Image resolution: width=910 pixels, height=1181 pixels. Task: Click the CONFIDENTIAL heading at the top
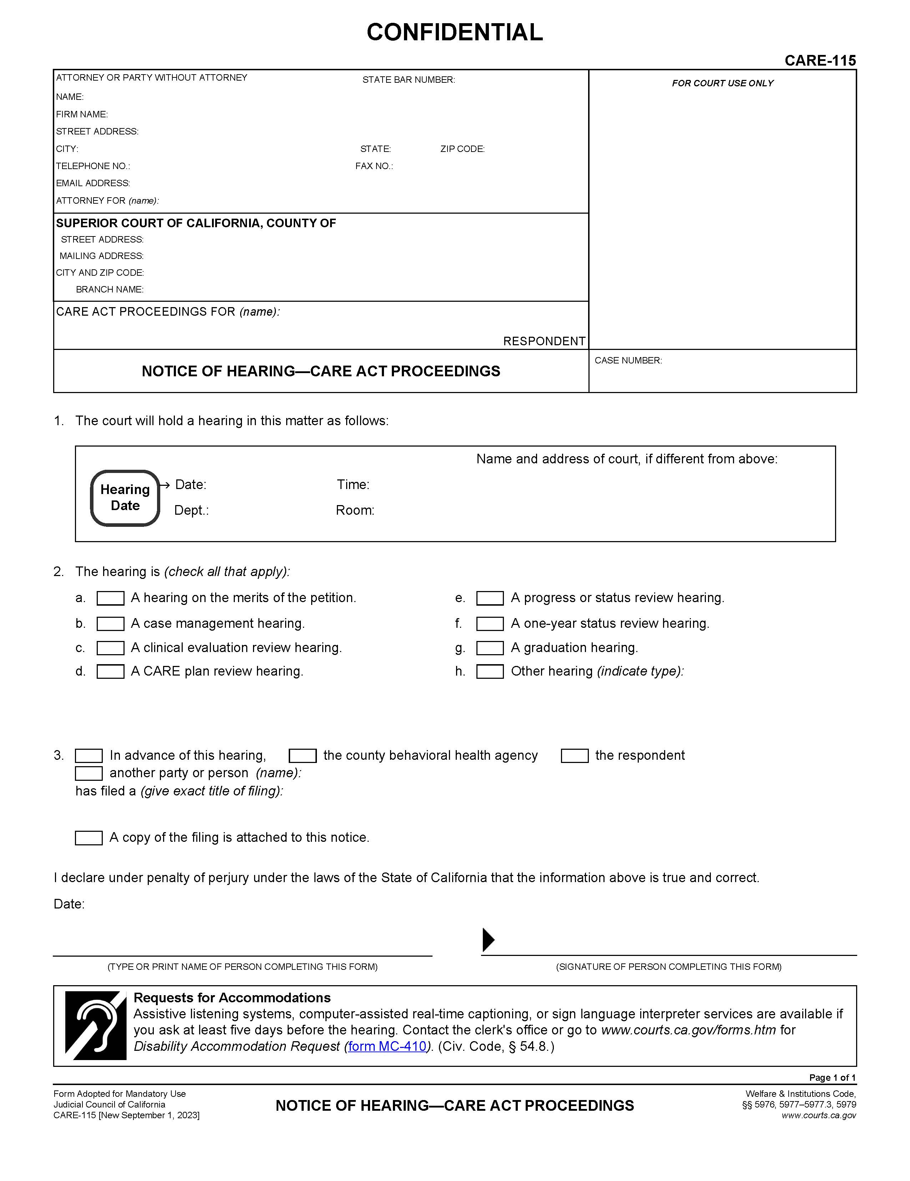click(x=454, y=32)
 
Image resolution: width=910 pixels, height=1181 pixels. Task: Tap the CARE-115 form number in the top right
click(x=820, y=61)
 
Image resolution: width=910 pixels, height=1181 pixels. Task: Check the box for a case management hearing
click(x=110, y=623)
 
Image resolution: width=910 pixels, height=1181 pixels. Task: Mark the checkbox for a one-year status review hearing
click(x=490, y=623)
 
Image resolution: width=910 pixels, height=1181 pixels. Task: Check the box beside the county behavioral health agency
click(x=302, y=755)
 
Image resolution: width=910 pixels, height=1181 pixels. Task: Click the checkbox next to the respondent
click(x=575, y=755)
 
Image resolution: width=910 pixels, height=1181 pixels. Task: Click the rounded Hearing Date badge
click(x=125, y=498)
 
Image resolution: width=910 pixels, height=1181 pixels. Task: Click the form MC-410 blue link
click(x=387, y=1047)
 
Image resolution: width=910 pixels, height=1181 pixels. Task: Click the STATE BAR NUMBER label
click(x=409, y=80)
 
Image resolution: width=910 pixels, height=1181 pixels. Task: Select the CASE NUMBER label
click(x=628, y=361)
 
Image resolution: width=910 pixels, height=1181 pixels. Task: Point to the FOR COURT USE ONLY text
click(x=722, y=83)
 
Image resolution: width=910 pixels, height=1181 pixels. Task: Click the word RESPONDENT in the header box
click(x=544, y=341)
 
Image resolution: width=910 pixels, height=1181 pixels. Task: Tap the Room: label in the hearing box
click(x=355, y=510)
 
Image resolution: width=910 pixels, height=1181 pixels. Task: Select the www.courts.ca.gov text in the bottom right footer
click(x=819, y=1116)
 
